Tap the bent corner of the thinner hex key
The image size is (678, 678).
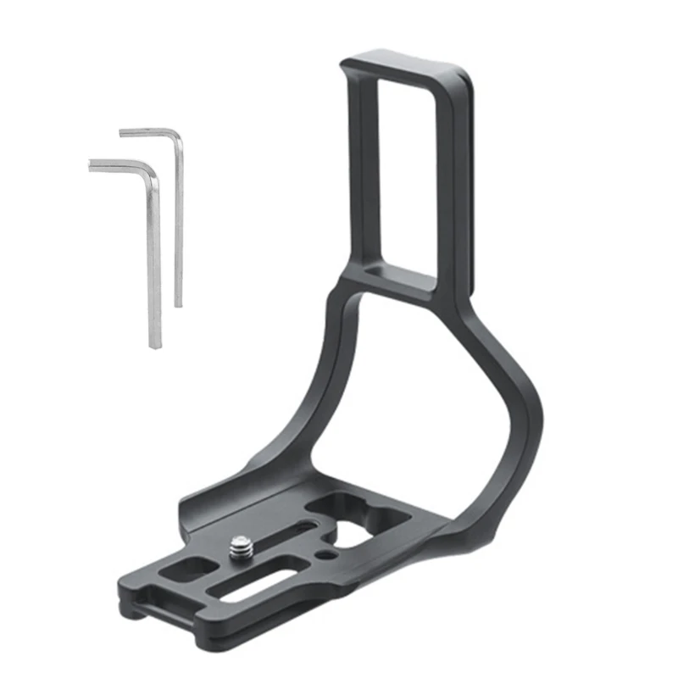pyautogui.click(x=176, y=136)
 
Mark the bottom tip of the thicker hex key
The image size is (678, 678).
pyautogui.click(x=154, y=344)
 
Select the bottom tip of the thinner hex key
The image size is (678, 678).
pyautogui.click(x=179, y=303)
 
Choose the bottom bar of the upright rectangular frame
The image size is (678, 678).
pyautogui.click(x=398, y=280)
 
